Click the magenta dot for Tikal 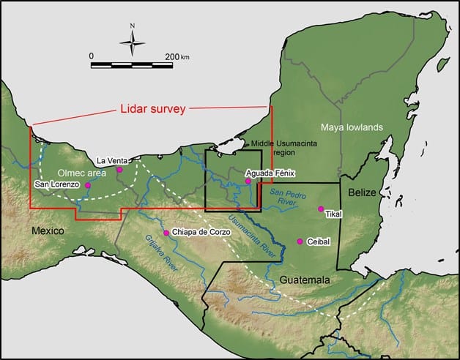point(320,209)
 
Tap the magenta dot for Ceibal point(300,241)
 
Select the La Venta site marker point(119,170)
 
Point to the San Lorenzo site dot point(88,185)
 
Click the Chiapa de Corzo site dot point(167,233)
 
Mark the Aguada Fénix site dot point(248,181)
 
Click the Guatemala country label point(304,280)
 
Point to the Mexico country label point(48,231)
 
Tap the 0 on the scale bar point(92,56)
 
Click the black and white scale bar point(132,65)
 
